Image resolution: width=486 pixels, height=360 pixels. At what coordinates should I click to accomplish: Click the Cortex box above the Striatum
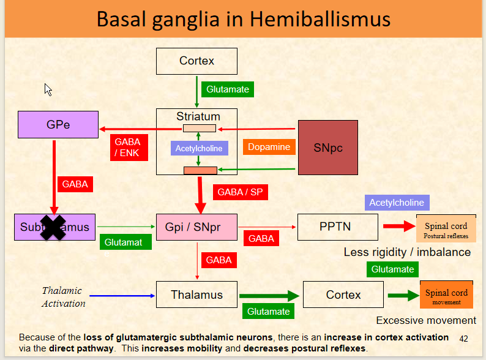tap(196, 61)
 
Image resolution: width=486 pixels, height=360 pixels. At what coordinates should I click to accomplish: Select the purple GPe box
tap(58, 124)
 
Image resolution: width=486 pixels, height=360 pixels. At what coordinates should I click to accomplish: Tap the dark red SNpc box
tap(327, 148)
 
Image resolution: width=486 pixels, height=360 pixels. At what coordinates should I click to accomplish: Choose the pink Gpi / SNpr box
tap(196, 227)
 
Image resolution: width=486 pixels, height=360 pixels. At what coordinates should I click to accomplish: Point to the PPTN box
tap(335, 227)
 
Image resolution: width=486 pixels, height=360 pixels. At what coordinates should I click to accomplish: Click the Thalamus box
tap(196, 294)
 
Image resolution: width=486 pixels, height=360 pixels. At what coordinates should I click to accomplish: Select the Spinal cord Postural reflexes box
tap(446, 230)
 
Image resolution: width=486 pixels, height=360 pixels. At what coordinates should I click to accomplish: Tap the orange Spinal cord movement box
tap(446, 296)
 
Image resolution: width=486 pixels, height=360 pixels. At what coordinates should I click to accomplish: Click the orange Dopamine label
tap(269, 147)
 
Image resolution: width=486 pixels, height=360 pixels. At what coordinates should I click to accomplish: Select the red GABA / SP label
tap(240, 192)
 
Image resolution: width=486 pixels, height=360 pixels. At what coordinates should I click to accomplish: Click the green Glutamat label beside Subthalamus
tap(123, 242)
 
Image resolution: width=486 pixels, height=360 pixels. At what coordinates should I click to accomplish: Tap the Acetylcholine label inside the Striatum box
tap(199, 148)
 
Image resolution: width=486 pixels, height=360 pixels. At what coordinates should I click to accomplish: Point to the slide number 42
tap(463, 338)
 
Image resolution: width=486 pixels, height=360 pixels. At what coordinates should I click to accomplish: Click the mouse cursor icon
tap(48, 89)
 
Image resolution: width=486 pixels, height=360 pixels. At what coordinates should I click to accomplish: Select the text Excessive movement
tap(425, 320)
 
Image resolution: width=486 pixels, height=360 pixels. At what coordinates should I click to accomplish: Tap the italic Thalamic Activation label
tap(64, 297)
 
